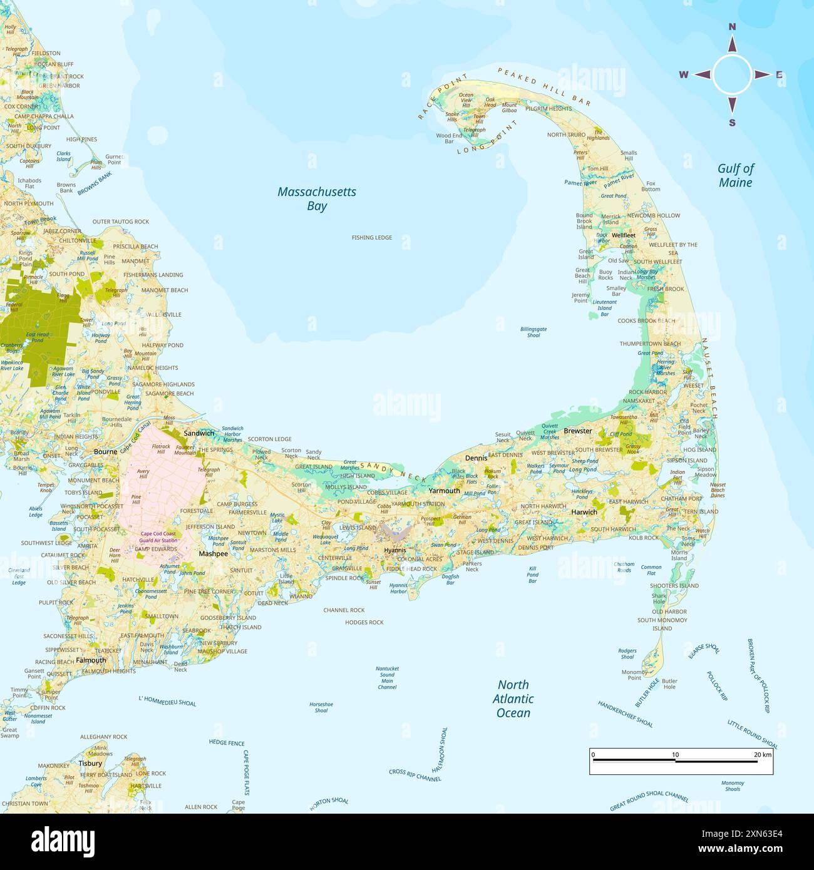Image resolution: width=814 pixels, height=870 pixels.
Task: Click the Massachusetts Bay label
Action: click(x=317, y=199)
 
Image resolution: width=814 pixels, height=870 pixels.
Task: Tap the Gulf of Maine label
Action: click(x=736, y=175)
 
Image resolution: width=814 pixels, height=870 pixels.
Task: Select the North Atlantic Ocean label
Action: click(x=513, y=699)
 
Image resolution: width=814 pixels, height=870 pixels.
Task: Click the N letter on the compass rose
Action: click(x=732, y=26)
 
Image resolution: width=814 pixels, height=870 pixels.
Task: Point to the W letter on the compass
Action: click(x=684, y=75)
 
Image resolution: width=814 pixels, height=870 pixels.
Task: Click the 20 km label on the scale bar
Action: click(x=762, y=755)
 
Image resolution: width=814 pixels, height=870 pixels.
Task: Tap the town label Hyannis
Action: click(x=395, y=550)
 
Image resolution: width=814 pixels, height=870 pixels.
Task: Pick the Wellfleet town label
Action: click(x=624, y=235)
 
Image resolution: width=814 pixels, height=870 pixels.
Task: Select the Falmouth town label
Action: click(x=91, y=660)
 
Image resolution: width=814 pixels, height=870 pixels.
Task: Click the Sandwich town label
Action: click(x=198, y=433)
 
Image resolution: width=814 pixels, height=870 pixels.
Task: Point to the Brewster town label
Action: click(x=577, y=431)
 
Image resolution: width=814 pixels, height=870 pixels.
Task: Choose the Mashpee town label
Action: click(x=213, y=553)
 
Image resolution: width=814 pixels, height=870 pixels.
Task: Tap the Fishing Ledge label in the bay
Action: click(x=372, y=238)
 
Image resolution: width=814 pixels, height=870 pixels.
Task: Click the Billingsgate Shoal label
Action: click(x=533, y=332)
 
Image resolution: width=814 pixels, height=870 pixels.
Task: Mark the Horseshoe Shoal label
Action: click(x=321, y=707)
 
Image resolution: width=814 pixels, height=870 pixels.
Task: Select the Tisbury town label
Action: click(x=90, y=763)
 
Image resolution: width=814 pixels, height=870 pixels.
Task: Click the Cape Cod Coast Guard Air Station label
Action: click(x=158, y=537)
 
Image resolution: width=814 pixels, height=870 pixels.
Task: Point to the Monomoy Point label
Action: click(x=634, y=675)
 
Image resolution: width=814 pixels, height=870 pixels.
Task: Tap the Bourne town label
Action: click(x=105, y=451)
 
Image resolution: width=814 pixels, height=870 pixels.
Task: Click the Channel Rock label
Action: click(x=344, y=610)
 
